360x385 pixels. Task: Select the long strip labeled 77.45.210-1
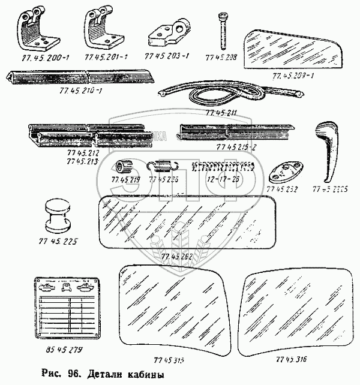pyautogui.click(x=82, y=76)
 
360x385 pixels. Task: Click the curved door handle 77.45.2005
pyautogui.click(x=328, y=148)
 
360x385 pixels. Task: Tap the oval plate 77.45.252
pyautogui.click(x=286, y=175)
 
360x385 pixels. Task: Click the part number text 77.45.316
pyautogui.click(x=292, y=359)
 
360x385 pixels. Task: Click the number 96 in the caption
pyautogui.click(x=72, y=376)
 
